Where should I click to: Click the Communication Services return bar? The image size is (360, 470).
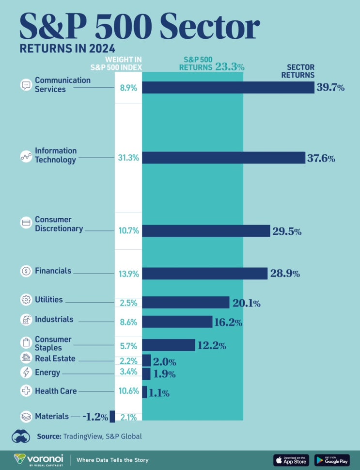pyautogui.click(x=228, y=87)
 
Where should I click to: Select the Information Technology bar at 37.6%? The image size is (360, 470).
pyautogui.click(x=223, y=158)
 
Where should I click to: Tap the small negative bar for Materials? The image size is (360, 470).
pyautogui.click(x=112, y=416)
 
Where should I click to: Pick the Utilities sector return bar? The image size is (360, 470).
pyautogui.click(x=186, y=303)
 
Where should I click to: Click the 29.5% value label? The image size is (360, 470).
pyautogui.click(x=287, y=231)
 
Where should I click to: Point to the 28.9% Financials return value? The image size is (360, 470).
pyautogui.click(x=285, y=274)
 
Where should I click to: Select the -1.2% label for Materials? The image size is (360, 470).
pyautogui.click(x=95, y=416)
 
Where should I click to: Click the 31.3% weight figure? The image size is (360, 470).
pyautogui.click(x=129, y=158)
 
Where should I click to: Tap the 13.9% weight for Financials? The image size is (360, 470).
pyautogui.click(x=129, y=274)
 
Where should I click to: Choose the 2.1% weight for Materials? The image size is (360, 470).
pyautogui.click(x=129, y=417)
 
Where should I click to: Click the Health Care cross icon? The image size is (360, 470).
pyautogui.click(x=26, y=390)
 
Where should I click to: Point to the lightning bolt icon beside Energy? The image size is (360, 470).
pyautogui.click(x=26, y=373)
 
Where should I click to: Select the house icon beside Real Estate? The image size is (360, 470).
pyautogui.click(x=26, y=358)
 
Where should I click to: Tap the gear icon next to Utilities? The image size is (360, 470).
pyautogui.click(x=26, y=300)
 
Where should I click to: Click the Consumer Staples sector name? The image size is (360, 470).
pyautogui.click(x=53, y=343)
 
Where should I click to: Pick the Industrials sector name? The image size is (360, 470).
pyautogui.click(x=54, y=319)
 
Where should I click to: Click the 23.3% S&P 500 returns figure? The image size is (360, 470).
pyautogui.click(x=230, y=67)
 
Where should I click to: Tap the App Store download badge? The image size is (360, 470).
pyautogui.click(x=291, y=460)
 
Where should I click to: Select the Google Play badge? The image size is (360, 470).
pyautogui.click(x=332, y=460)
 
